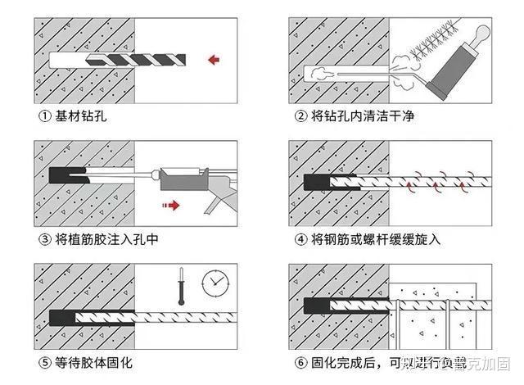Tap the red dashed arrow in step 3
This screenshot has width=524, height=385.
169,206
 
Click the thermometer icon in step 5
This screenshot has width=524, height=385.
182,287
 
